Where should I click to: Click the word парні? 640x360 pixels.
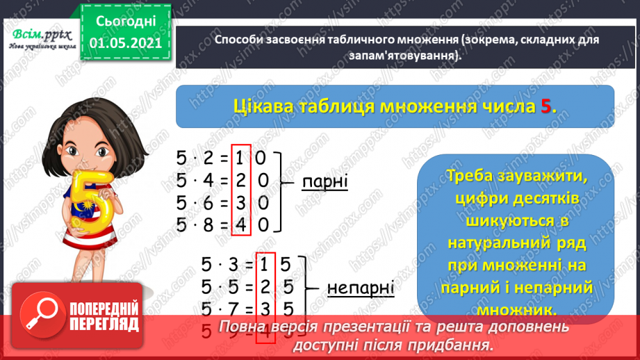[x=325, y=183]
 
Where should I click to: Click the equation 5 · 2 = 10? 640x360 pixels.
[x=222, y=158]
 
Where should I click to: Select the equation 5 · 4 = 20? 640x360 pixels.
[x=222, y=182]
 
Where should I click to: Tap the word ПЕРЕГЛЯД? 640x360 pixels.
[x=104, y=324]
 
